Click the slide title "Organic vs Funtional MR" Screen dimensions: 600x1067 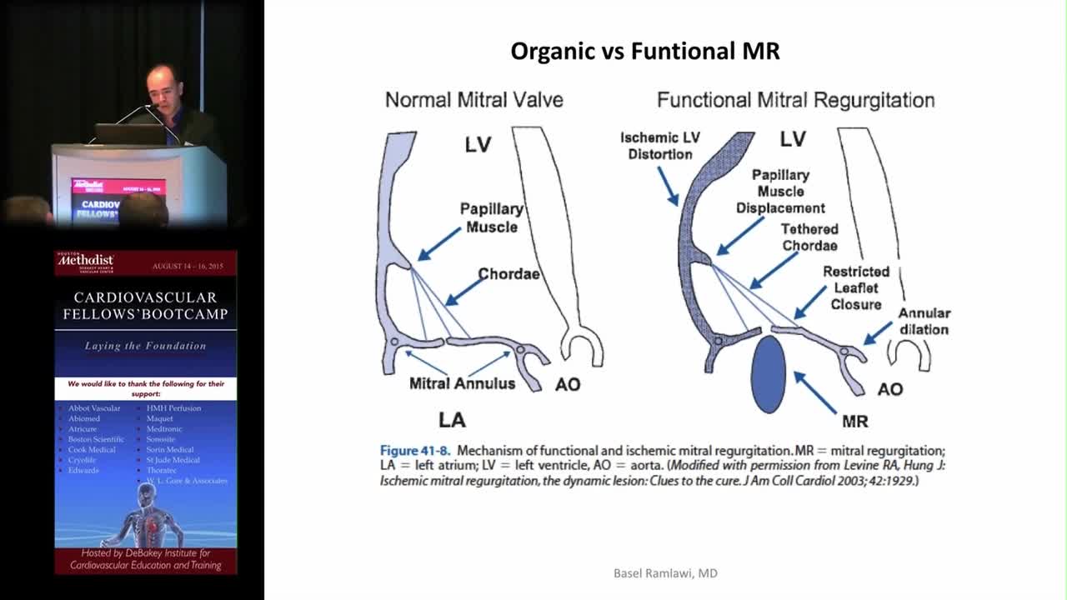[x=644, y=52]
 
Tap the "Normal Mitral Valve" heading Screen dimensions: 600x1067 [x=473, y=100]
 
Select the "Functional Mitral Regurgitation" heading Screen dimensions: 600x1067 [x=795, y=100]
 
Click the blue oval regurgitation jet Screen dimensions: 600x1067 [x=768, y=373]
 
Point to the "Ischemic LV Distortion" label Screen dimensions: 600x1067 [x=660, y=146]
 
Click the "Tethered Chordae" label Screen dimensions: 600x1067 [x=809, y=237]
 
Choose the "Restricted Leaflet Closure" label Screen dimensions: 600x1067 [x=856, y=287]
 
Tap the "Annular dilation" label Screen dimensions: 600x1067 [x=924, y=321]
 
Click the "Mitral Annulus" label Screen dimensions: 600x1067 [x=462, y=383]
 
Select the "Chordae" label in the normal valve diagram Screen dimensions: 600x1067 [x=508, y=273]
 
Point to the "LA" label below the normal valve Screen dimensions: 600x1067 [x=452, y=419]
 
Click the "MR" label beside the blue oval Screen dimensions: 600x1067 [x=855, y=422]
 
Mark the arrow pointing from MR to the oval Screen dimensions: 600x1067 [x=814, y=392]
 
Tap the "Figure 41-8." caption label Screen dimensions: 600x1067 [x=414, y=450]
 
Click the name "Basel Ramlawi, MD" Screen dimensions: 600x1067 [x=665, y=573]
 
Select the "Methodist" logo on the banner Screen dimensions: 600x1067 [x=84, y=263]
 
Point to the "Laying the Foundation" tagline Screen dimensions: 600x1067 [x=145, y=346]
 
